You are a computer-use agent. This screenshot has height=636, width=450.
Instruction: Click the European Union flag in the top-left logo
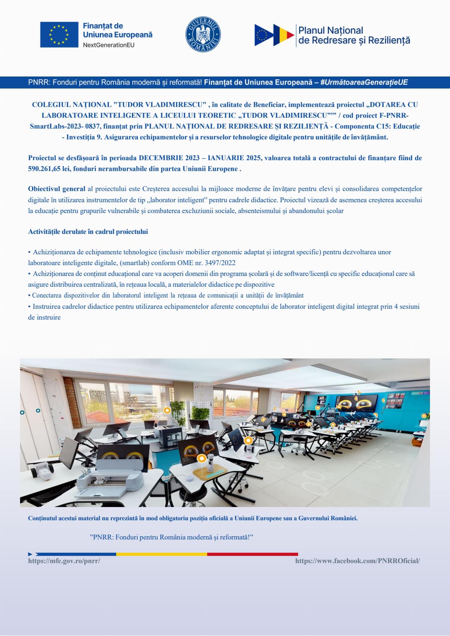point(59,35)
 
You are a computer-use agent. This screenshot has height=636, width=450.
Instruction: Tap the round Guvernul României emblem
point(203,34)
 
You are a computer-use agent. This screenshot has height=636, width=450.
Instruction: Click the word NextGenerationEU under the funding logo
point(109,45)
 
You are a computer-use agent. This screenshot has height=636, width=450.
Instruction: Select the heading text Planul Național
point(331,30)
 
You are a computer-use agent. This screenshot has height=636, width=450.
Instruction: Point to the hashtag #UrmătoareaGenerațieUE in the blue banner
point(364,83)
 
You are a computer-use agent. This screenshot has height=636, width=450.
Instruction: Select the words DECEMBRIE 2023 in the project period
point(169,158)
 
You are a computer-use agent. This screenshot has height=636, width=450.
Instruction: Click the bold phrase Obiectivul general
point(57,189)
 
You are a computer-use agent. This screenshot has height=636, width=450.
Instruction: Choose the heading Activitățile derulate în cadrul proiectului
point(88,232)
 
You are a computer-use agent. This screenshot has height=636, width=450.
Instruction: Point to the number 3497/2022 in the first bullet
point(220,263)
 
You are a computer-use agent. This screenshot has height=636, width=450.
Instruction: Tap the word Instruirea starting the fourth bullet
point(48,307)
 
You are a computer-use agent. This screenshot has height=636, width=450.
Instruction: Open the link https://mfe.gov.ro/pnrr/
point(64,561)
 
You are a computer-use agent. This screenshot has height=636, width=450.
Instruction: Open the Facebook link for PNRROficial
point(357,561)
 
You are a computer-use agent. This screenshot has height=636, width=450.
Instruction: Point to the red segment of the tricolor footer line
point(252,554)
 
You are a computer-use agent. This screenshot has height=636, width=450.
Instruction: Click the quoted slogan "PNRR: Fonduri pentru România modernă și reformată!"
point(172,537)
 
